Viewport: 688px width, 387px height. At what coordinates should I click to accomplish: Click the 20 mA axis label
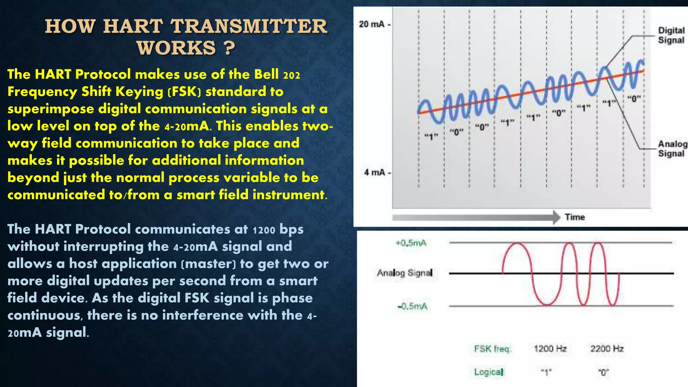pyautogui.click(x=372, y=24)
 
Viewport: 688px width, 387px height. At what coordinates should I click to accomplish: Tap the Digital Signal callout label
pyautogui.click(x=671, y=35)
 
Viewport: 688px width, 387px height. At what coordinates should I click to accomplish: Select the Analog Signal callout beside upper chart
pyautogui.click(x=672, y=148)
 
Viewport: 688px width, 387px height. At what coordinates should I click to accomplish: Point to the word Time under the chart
pyautogui.click(x=575, y=217)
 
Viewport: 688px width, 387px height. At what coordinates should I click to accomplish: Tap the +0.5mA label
pyautogui.click(x=411, y=243)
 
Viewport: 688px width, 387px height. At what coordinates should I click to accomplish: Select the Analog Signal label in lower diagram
pyautogui.click(x=404, y=273)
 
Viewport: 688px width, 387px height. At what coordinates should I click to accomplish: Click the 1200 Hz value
pyautogui.click(x=550, y=349)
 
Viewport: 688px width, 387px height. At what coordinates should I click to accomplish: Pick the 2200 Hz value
pyautogui.click(x=607, y=349)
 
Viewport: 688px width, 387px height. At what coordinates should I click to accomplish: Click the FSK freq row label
pyautogui.click(x=492, y=349)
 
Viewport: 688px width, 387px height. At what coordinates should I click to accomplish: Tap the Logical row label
pyautogui.click(x=489, y=372)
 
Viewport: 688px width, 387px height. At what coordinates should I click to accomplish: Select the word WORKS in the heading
pyautogui.click(x=176, y=48)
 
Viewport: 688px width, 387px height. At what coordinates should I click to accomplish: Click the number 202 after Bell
pyautogui.click(x=292, y=75)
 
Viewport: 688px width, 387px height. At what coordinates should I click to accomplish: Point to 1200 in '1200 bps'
pyautogui.click(x=264, y=230)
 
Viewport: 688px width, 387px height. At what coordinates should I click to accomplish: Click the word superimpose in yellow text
pyautogui.click(x=50, y=109)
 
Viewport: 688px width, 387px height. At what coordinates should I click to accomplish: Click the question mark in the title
pyautogui.click(x=229, y=48)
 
